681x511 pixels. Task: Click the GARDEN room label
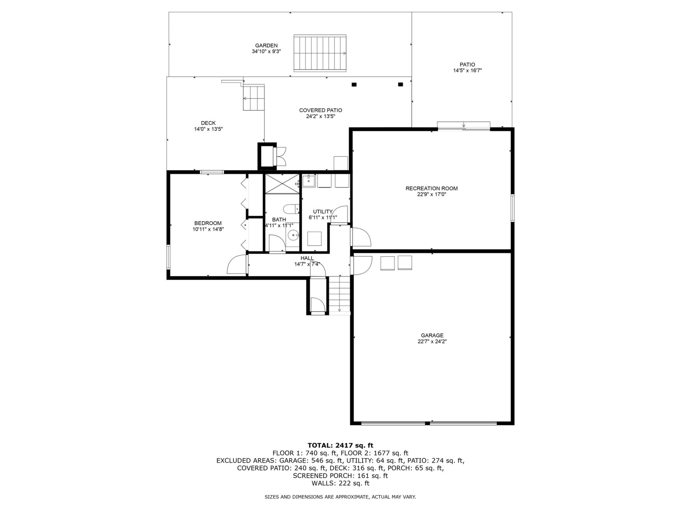(266, 45)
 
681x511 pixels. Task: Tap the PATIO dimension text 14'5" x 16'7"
(467, 71)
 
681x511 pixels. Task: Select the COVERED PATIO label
(321, 110)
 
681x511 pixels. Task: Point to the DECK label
(208, 123)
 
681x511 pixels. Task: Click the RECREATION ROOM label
(432, 188)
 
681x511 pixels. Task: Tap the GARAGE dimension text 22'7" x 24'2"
(432, 342)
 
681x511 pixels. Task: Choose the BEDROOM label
(208, 223)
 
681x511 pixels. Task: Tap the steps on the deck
(254, 98)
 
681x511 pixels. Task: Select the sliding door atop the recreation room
(464, 126)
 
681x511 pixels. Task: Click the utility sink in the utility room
(309, 181)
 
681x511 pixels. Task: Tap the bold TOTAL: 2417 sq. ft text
(340, 445)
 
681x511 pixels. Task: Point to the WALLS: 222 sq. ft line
(340, 483)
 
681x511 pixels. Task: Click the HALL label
(307, 258)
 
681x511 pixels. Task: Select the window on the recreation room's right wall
(513, 208)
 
